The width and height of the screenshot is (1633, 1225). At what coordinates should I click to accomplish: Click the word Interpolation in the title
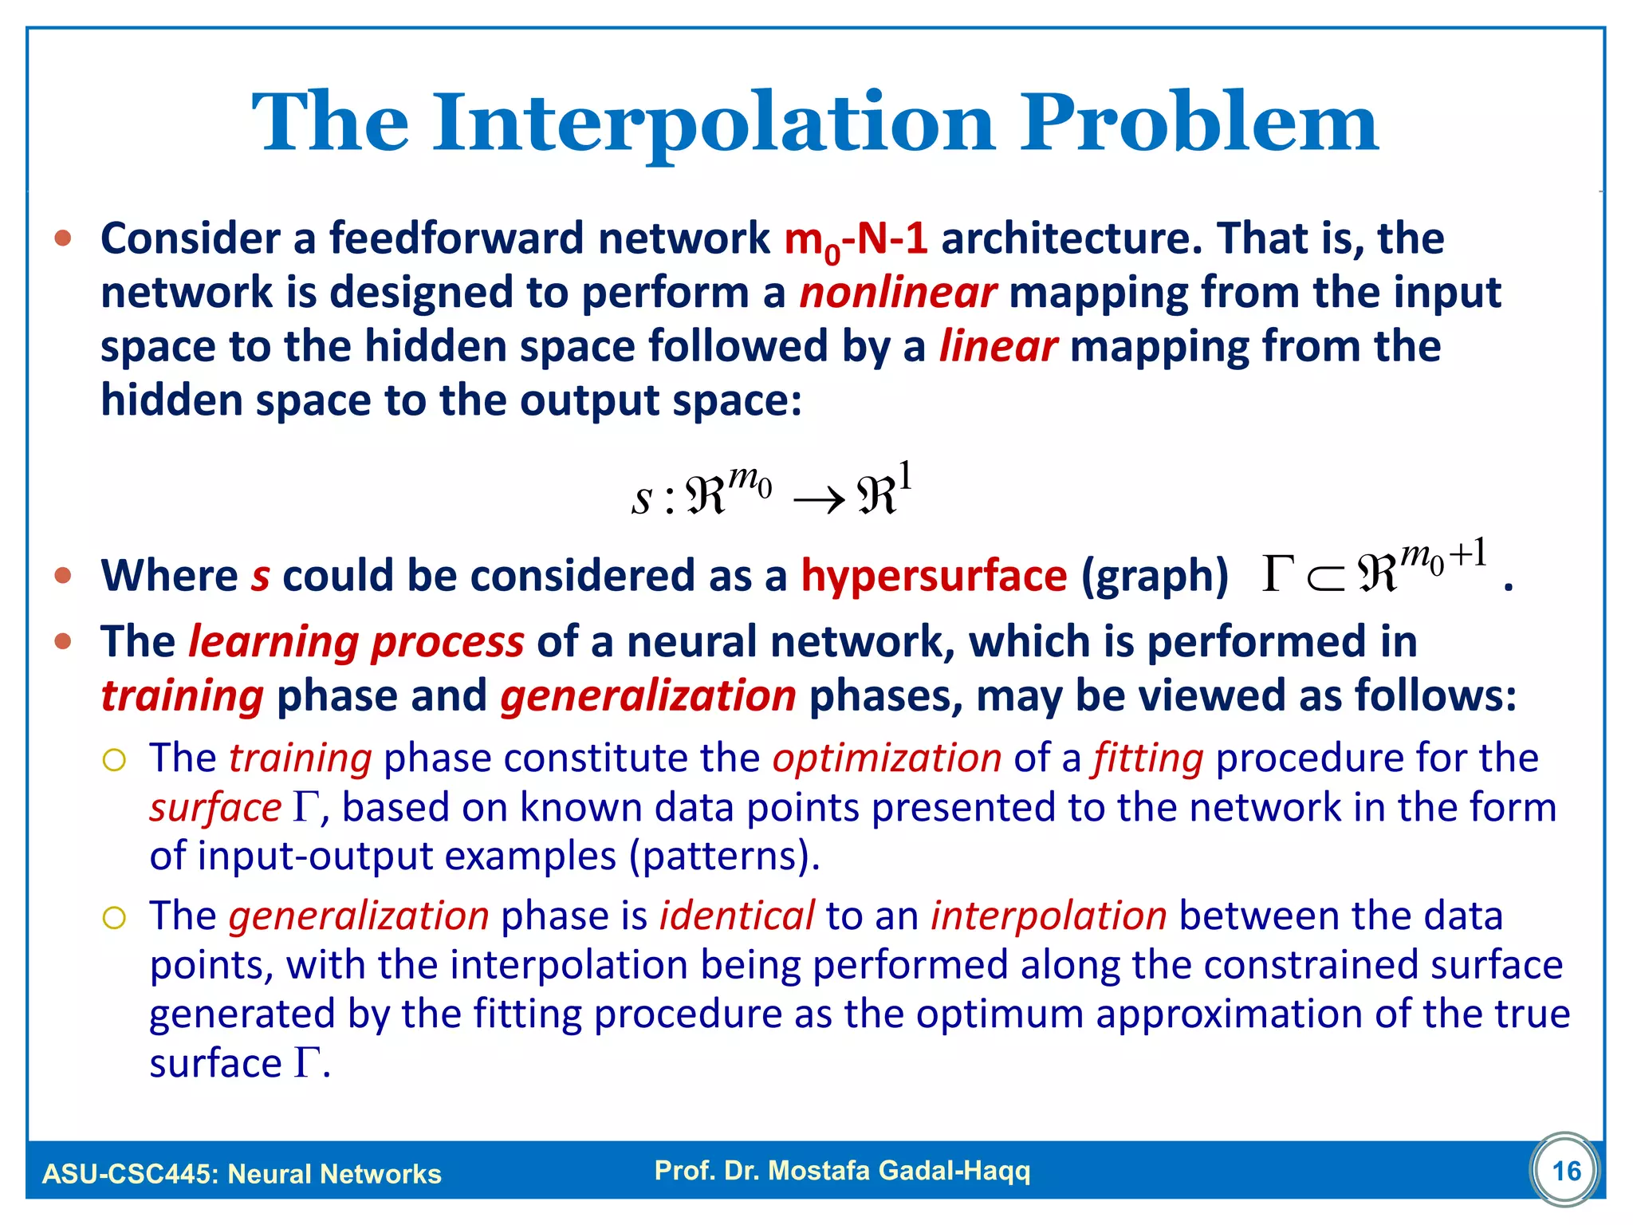click(x=714, y=124)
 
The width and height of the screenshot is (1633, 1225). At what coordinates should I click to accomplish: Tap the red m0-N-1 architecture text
click(x=856, y=239)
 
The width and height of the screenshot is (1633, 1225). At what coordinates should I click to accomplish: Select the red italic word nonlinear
click(x=898, y=293)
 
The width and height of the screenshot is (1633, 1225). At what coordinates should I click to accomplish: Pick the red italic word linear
click(x=998, y=347)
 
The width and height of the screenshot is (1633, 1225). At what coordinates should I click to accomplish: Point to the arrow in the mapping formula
click(x=819, y=501)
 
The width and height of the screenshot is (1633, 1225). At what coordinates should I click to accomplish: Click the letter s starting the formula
click(x=641, y=498)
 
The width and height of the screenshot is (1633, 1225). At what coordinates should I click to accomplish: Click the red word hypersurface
click(x=934, y=576)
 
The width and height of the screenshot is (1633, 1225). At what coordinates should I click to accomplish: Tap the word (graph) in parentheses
click(x=1155, y=576)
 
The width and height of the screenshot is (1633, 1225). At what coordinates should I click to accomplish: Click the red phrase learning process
click(x=356, y=642)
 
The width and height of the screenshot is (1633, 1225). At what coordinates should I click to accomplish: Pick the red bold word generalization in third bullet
click(x=647, y=696)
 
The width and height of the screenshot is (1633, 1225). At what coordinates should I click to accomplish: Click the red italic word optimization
click(x=887, y=758)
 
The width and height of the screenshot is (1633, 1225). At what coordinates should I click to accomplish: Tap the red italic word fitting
click(x=1148, y=758)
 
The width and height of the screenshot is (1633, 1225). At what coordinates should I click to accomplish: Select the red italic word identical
click(x=737, y=916)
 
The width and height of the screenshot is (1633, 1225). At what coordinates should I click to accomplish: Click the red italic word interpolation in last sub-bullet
click(x=1049, y=916)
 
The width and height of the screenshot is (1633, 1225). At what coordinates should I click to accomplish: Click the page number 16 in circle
click(x=1566, y=1171)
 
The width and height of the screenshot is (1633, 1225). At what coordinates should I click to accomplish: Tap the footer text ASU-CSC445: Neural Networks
click(x=242, y=1174)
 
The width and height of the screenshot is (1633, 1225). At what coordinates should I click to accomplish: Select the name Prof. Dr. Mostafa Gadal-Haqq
click(x=842, y=1171)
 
